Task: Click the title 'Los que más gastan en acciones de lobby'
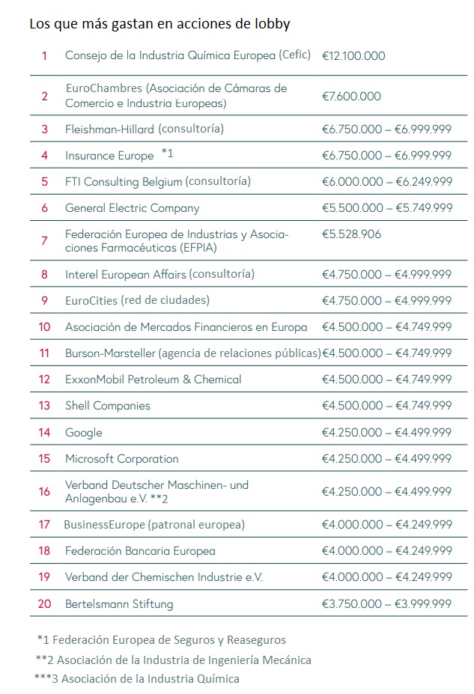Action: pyautogui.click(x=159, y=24)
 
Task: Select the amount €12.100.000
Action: pyautogui.click(x=353, y=55)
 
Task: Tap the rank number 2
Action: pyautogui.click(x=45, y=96)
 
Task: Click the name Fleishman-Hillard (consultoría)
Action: pyautogui.click(x=145, y=129)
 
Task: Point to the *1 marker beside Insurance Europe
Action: pyautogui.click(x=167, y=154)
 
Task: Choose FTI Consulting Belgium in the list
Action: pyautogui.click(x=158, y=181)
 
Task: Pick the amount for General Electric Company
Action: pyautogui.click(x=386, y=208)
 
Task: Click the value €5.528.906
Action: pyautogui.click(x=351, y=234)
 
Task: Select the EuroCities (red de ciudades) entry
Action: pyautogui.click(x=137, y=300)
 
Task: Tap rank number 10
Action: pyautogui.click(x=45, y=326)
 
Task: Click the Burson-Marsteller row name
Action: pyautogui.click(x=192, y=353)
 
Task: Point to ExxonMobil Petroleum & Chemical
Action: pyautogui.click(x=153, y=380)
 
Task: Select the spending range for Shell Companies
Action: pyautogui.click(x=386, y=406)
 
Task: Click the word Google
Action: pyautogui.click(x=84, y=433)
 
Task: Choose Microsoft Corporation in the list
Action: pyautogui.click(x=122, y=459)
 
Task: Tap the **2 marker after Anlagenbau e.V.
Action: pyautogui.click(x=158, y=499)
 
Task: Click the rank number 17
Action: pyautogui.click(x=45, y=525)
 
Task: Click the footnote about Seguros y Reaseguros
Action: pyautogui.click(x=161, y=640)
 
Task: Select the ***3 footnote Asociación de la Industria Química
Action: pyautogui.click(x=138, y=679)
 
